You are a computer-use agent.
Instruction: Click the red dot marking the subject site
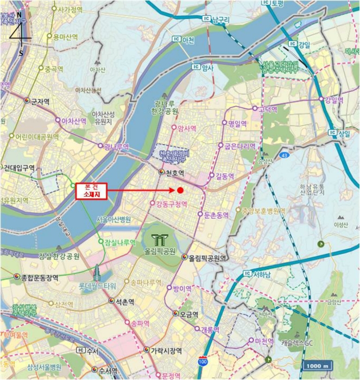coord(180,190)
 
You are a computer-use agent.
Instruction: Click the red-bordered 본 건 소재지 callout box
coord(91,190)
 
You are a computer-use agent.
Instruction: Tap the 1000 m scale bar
coord(318,366)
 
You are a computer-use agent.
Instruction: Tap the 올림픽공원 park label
coord(161,252)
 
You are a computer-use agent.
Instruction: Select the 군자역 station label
coord(41,102)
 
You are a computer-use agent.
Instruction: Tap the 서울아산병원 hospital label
coord(114,219)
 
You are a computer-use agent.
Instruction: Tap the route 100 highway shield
coord(203,360)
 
